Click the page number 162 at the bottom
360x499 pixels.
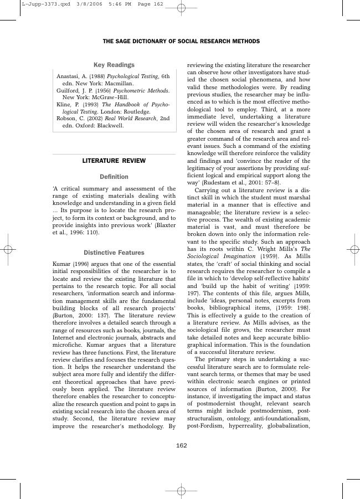tap(181, 445)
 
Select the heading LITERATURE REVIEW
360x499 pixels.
tap(114, 161)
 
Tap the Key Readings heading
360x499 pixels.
tap(114, 65)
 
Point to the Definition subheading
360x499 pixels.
tap(114, 177)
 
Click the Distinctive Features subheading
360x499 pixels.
tap(114, 253)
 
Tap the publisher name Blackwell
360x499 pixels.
tap(109, 126)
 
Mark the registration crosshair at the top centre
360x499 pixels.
tap(181, 8)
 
